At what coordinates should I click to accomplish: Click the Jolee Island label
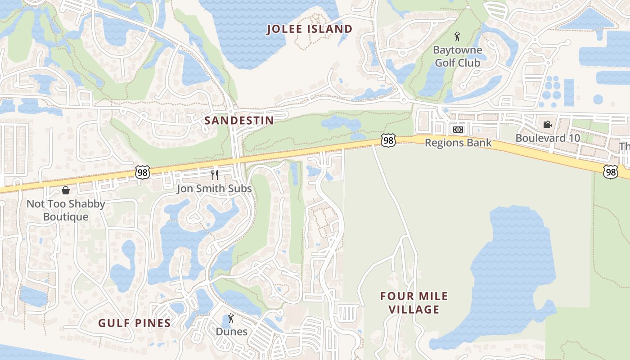[x=310, y=29]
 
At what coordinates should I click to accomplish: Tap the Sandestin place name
[x=239, y=121]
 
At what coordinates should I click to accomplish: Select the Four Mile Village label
[x=414, y=302]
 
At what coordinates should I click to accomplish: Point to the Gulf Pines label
[x=135, y=323]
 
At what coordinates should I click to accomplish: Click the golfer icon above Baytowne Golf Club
[x=458, y=36]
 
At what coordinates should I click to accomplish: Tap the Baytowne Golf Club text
[x=458, y=56]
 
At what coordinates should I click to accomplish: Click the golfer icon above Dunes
[x=231, y=319]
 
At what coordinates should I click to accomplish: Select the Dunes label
[x=231, y=332]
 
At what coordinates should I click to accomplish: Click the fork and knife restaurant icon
[x=215, y=175]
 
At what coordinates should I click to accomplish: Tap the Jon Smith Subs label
[x=214, y=188]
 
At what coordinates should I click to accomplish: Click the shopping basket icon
[x=66, y=190]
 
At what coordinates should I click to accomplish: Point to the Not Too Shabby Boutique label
[x=66, y=210]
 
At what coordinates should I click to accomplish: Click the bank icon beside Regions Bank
[x=458, y=130]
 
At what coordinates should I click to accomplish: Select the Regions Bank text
[x=458, y=143]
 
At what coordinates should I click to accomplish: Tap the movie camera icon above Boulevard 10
[x=547, y=124]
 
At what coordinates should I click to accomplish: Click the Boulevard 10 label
[x=547, y=138]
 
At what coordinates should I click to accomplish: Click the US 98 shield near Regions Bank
[x=388, y=140]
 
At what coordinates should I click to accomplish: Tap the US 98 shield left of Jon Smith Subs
[x=142, y=172]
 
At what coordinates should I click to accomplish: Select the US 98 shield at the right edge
[x=611, y=171]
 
